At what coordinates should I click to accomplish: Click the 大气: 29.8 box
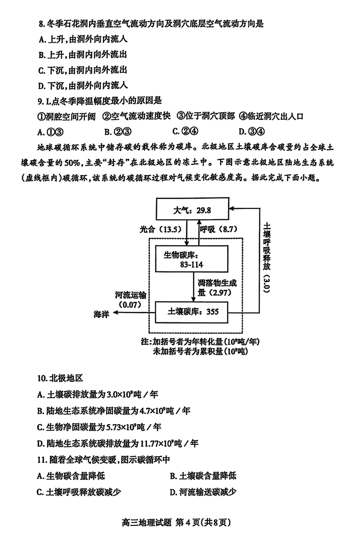(192, 210)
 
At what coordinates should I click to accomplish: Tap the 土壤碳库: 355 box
(191, 312)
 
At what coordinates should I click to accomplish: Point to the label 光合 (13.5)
(159, 230)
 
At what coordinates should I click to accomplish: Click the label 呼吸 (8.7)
(218, 230)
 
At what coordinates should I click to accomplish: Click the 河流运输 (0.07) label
(130, 300)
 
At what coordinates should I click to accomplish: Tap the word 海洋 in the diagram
(102, 314)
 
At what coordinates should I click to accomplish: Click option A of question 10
(98, 395)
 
